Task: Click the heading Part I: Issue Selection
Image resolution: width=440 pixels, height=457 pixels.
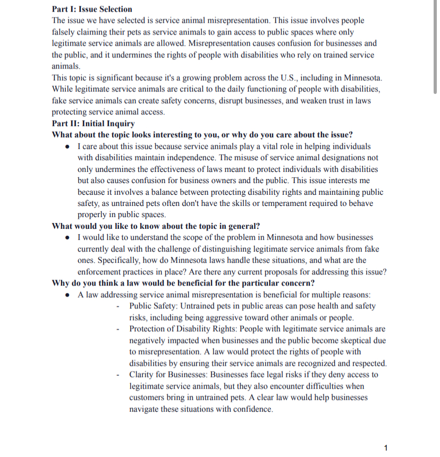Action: [92, 9]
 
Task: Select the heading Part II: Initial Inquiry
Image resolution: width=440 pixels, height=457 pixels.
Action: [93, 123]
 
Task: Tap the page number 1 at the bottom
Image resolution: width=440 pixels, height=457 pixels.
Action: [385, 448]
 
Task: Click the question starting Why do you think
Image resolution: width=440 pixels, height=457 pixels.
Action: [183, 283]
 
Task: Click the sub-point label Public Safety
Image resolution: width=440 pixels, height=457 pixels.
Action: [153, 306]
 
